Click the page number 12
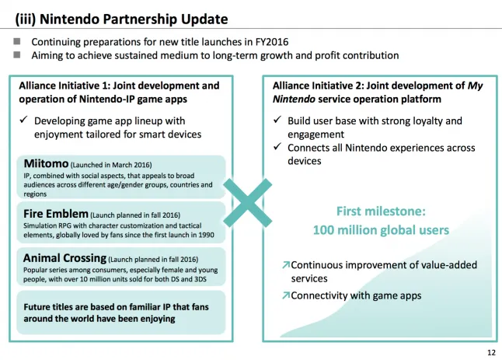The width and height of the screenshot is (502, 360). coord(491,353)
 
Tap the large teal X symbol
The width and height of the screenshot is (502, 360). coord(247,203)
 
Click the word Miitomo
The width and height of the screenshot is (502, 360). coord(46,163)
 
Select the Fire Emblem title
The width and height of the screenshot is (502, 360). coord(56,214)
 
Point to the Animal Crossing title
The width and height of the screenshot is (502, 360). coord(64,258)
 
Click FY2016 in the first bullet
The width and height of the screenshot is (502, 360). coord(272,42)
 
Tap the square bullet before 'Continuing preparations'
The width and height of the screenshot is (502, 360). coord(17,41)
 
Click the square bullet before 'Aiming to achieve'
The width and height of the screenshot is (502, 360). coord(17,54)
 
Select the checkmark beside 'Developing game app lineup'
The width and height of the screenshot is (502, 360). coord(23,120)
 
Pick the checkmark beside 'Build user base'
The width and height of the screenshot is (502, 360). coord(277,120)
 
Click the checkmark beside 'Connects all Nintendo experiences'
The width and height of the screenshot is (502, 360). coord(277,147)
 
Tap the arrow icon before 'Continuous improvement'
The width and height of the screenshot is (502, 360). coord(286,265)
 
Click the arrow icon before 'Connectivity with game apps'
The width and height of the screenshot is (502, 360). coord(286,295)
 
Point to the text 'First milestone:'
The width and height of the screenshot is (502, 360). coord(381,211)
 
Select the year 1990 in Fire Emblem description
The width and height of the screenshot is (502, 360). coord(206,235)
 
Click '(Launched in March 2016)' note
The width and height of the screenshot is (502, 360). coord(111,165)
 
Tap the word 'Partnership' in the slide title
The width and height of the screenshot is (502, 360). coord(140,19)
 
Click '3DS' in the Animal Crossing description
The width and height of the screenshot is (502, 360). coord(200,279)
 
